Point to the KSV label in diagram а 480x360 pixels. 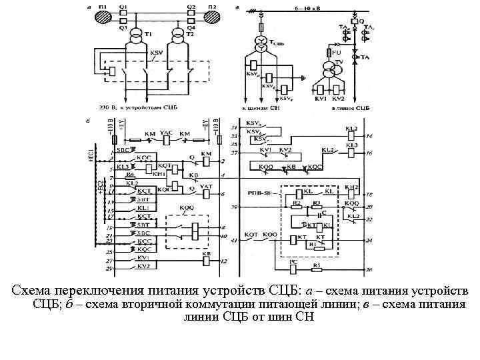click(x=157, y=53)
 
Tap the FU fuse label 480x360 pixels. click(x=337, y=51)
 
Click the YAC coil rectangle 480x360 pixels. click(x=166, y=140)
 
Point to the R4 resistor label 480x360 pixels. click(x=131, y=174)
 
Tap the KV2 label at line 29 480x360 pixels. click(x=142, y=266)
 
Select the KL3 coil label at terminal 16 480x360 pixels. click(x=351, y=144)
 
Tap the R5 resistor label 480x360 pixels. click(x=318, y=265)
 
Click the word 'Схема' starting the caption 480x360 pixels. click(x=31, y=291)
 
